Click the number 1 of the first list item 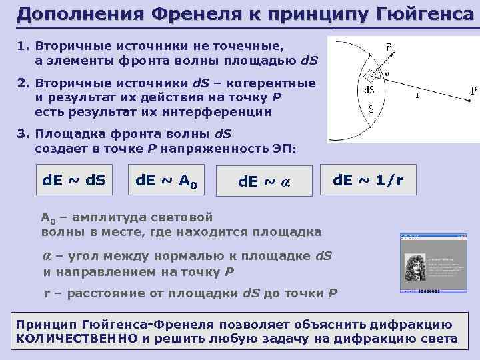(21, 47)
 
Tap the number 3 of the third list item (21, 132)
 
